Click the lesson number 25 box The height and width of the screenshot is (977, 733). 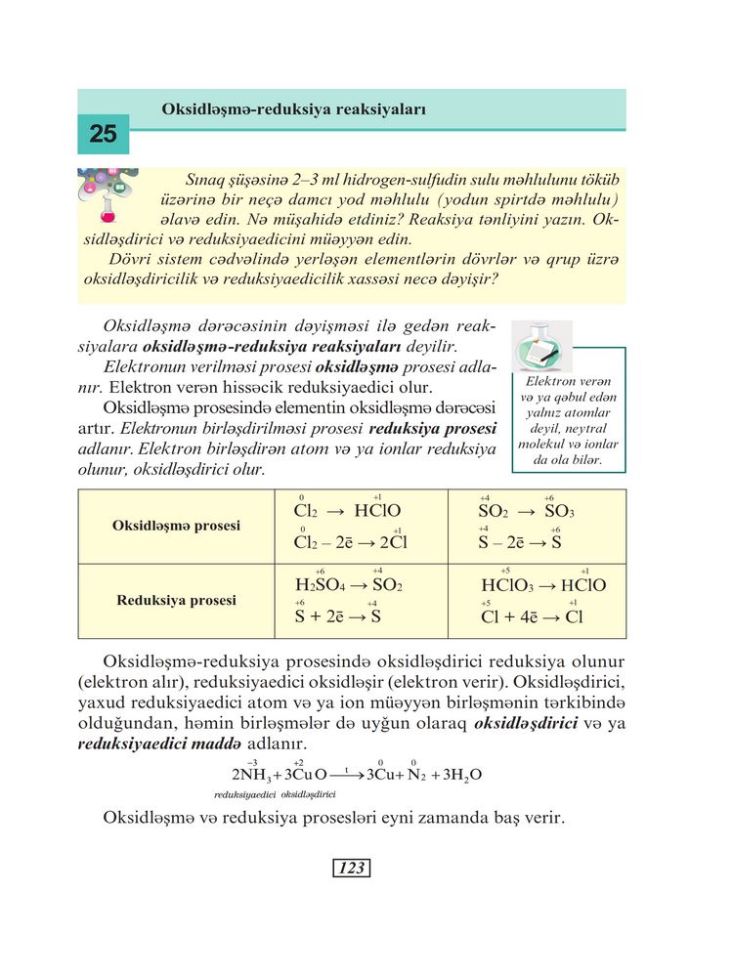[x=103, y=134]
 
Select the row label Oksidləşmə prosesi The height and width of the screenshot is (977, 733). [x=177, y=525]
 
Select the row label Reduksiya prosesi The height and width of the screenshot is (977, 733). [x=177, y=600]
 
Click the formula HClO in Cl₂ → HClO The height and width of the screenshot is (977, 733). [x=378, y=511]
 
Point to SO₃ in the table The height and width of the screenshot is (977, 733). [x=559, y=511]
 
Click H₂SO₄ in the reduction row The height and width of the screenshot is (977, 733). [x=316, y=585]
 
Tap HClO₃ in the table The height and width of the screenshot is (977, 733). [x=508, y=586]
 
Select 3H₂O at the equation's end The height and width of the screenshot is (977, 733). [x=462, y=776]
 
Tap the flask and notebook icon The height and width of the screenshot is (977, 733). [x=540, y=347]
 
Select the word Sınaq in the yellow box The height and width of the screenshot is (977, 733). [x=204, y=180]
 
